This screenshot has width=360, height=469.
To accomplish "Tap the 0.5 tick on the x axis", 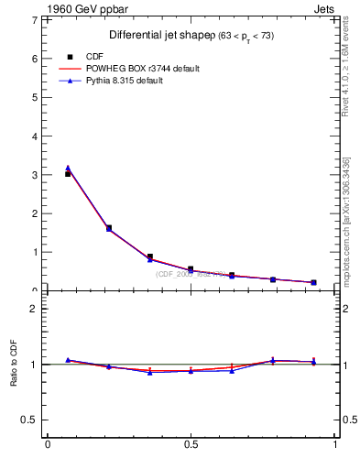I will point(191,445).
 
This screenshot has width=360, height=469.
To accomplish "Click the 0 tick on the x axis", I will point(48,445).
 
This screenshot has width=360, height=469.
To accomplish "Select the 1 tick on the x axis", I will point(334,445).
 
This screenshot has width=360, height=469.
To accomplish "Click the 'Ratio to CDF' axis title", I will point(16,365).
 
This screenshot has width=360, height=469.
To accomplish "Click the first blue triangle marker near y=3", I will point(68,168).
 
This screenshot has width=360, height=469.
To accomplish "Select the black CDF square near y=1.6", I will point(109,228).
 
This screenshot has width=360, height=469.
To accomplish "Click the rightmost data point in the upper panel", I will point(313,282).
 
